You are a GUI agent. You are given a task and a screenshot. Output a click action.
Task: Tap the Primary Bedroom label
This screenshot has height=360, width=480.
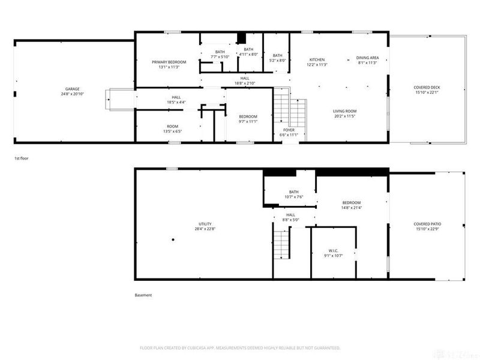[169, 65]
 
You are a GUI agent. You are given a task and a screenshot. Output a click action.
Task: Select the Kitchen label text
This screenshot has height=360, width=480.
[317, 62]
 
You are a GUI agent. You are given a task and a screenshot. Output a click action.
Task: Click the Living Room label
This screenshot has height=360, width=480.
[345, 113]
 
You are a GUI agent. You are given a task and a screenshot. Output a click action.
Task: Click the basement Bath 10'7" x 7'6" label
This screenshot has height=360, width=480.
[293, 194]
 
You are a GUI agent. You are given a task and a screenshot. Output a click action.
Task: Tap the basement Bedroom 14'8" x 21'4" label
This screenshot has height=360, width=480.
[351, 205]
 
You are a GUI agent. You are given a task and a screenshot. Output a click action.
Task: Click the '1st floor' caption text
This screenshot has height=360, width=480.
[21, 158]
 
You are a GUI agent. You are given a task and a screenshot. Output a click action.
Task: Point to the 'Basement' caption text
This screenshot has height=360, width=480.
[143, 295]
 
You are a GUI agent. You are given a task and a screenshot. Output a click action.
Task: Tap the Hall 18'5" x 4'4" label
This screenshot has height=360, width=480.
[176, 100]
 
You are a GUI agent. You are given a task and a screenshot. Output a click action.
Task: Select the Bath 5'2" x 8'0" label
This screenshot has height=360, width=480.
[277, 58]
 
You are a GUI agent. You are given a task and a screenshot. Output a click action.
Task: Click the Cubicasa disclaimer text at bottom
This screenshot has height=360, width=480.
[240, 348]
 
